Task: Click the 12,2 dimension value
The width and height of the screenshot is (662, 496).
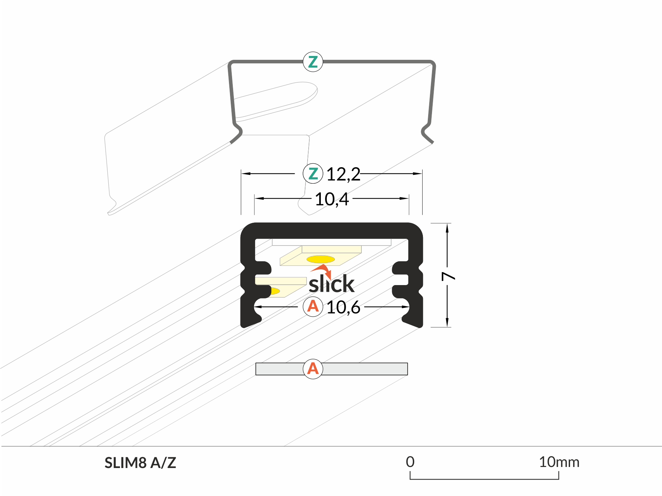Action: click(343, 174)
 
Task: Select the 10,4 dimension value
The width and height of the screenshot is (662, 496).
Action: click(332, 199)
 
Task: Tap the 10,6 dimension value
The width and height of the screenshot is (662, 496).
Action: click(343, 307)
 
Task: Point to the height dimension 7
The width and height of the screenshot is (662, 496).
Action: click(448, 276)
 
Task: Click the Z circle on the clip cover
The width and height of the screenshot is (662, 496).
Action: click(313, 62)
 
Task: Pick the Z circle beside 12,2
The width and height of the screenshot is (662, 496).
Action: click(313, 173)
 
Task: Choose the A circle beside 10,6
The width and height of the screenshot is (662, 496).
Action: click(313, 307)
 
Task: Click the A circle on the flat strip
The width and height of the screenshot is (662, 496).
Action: click(313, 369)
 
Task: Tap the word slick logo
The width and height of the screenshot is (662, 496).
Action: click(331, 284)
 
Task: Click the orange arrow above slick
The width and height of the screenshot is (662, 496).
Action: click(322, 270)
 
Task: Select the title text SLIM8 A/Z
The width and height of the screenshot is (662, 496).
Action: click(140, 463)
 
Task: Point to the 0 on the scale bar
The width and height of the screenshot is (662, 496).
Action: click(410, 462)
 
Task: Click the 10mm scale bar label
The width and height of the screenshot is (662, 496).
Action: click(559, 462)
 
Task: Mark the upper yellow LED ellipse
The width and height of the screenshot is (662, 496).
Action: click(321, 259)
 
